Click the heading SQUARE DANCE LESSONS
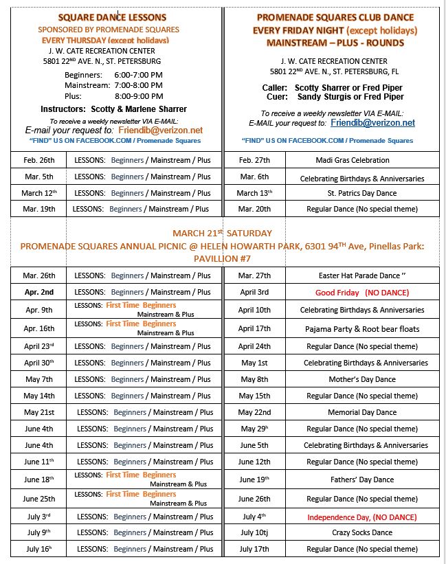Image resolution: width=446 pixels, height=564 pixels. (x=112, y=17)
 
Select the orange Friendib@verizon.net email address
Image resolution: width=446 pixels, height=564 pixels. (x=160, y=130)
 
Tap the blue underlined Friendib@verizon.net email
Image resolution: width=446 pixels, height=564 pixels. (x=372, y=123)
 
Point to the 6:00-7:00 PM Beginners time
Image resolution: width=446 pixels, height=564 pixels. (x=139, y=74)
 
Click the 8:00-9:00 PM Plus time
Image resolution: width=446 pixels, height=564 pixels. (x=139, y=96)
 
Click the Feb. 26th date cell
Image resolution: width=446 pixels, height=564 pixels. (x=38, y=160)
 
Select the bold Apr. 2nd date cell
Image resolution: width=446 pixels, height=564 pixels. (x=38, y=292)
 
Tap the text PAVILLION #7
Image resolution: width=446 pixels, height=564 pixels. (x=221, y=258)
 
